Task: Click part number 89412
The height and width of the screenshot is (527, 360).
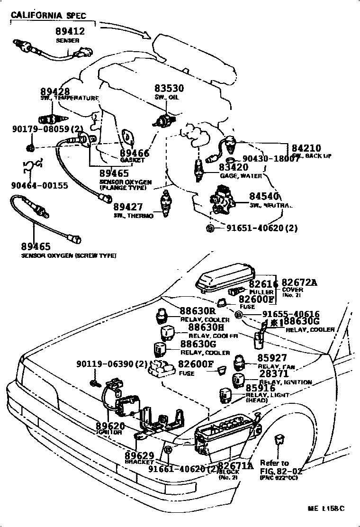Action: point(69,32)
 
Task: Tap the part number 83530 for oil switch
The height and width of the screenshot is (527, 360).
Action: point(169,89)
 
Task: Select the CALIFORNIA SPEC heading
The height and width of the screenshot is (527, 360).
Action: point(48,16)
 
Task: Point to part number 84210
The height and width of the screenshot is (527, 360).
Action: point(306,148)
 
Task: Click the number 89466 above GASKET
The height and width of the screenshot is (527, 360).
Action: point(135,153)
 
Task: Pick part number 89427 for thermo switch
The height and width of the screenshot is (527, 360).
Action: point(129,207)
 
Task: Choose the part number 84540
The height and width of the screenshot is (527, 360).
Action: point(265,197)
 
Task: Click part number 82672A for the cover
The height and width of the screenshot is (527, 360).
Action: point(299,283)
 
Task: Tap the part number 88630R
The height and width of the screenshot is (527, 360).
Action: point(198,311)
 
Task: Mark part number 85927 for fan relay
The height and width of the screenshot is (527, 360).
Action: point(273,358)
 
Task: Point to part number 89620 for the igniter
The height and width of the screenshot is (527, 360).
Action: point(110,426)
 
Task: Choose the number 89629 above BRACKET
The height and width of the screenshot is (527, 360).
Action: point(139,455)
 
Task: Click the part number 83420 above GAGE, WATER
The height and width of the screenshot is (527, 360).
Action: point(234,167)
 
